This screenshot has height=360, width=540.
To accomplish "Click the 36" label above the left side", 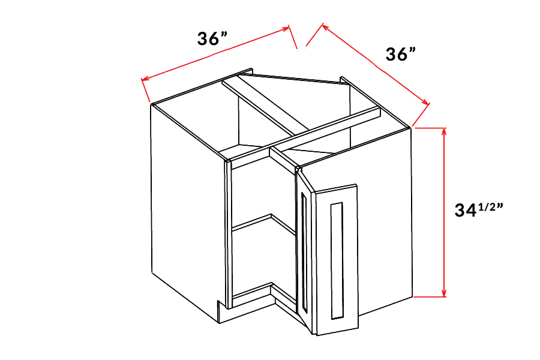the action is pos(212,38).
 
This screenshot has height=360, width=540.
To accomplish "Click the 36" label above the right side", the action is pos(401,54).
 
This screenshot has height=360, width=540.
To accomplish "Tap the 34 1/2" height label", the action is pos(478,210).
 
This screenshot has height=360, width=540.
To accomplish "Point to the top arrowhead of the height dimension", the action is pos(444,131).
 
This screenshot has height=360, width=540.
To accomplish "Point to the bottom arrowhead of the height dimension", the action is pos(444,293).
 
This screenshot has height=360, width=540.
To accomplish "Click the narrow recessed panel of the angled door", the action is pos(304,252).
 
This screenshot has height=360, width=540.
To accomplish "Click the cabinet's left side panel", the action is pos(187,214).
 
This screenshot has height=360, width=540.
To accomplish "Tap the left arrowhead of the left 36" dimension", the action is pos(145,80).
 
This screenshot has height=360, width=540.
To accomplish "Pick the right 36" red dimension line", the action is pos(376,64).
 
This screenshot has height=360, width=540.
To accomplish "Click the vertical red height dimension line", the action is pos(444,212).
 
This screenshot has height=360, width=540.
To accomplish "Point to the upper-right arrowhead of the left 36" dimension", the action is pos(286,28).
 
